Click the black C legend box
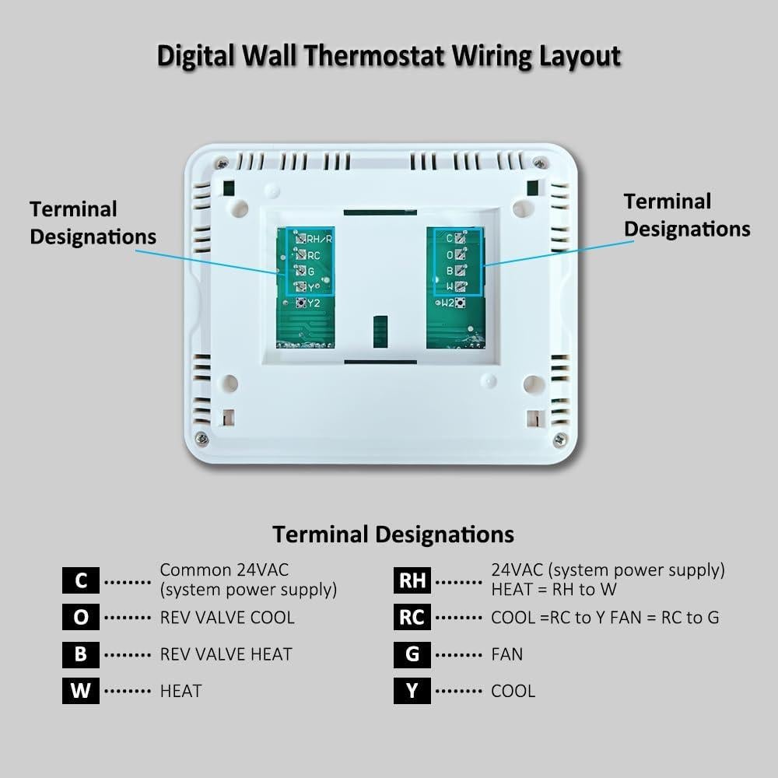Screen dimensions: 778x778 81,580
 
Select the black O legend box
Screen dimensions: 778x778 81,617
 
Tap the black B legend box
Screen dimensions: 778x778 81,654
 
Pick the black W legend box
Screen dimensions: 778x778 81,690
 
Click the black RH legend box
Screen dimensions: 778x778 412,580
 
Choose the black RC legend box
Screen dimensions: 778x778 412,617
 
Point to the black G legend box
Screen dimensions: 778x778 412,654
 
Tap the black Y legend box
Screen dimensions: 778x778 412,690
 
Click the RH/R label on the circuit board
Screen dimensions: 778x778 320,239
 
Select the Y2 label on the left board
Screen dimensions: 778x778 314,303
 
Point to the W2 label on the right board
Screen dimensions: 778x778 448,303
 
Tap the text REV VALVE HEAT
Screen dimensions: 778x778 226,654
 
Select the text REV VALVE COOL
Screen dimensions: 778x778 227,618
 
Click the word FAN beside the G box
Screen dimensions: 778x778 507,654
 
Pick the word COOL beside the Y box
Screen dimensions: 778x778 513,691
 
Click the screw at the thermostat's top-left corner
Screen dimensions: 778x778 223,163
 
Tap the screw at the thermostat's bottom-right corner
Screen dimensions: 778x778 559,440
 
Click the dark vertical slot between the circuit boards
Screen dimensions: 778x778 380,331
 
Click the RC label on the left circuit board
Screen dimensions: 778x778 314,255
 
